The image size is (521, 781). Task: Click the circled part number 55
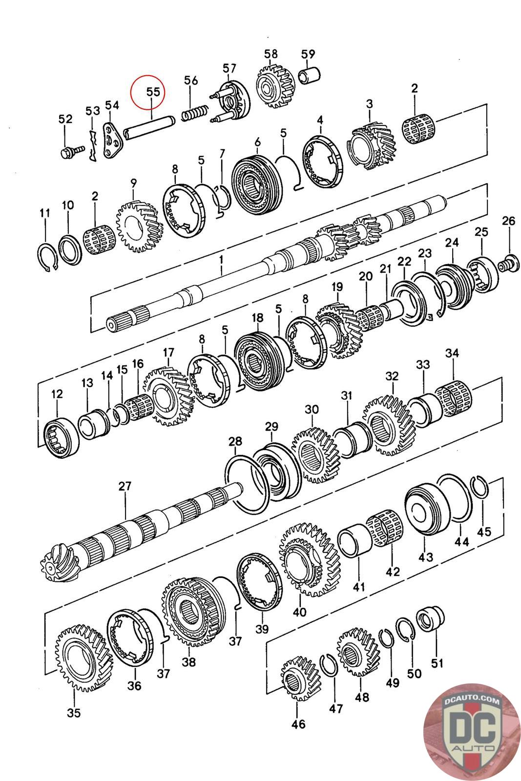pyautogui.click(x=153, y=92)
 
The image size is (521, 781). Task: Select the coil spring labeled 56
pyautogui.click(x=195, y=113)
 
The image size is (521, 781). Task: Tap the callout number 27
pyautogui.click(x=125, y=486)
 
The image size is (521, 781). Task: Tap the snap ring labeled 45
pyautogui.click(x=479, y=486)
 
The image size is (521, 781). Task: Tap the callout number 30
pyautogui.click(x=312, y=409)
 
